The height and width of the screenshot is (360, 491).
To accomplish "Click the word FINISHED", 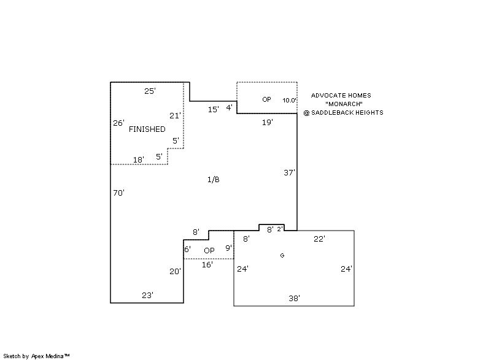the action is [x=147, y=129].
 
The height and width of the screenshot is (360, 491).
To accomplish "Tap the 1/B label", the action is [x=213, y=179].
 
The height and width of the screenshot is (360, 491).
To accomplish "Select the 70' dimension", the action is [x=118, y=193].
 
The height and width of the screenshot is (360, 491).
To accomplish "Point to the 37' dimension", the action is [x=289, y=172].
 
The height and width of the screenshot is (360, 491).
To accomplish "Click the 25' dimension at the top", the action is [x=150, y=91].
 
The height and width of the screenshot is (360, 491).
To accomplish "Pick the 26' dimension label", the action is [x=118, y=123].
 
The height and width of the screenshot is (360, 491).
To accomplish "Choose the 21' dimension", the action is [x=175, y=115].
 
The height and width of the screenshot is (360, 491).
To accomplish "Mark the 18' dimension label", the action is [x=139, y=159].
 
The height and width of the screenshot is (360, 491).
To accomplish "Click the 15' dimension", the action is [x=213, y=109].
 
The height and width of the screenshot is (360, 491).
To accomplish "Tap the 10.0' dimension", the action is [x=289, y=100].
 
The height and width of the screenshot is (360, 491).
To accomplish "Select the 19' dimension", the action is [x=268, y=122].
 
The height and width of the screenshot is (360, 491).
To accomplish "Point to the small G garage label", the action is [x=282, y=256].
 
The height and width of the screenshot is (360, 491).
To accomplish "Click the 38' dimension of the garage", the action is [x=294, y=299].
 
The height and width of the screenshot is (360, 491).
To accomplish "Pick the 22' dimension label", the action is [x=319, y=239].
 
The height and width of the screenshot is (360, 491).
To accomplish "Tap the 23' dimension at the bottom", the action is [x=147, y=295].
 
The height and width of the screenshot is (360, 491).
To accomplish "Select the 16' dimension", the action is [x=207, y=264].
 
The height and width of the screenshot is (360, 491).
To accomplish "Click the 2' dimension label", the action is [x=280, y=229].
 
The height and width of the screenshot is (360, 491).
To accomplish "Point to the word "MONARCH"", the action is [x=344, y=104].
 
